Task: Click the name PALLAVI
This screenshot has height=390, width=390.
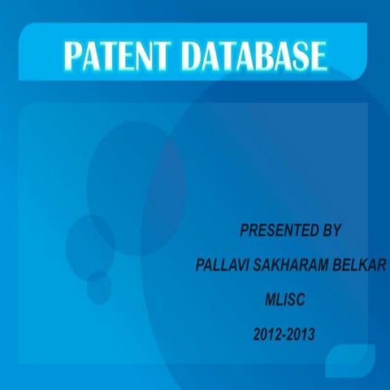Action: click(x=220, y=266)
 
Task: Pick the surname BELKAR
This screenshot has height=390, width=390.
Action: click(x=358, y=266)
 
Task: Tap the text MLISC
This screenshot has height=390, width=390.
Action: click(x=284, y=300)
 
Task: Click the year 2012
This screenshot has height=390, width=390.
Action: click(x=266, y=333)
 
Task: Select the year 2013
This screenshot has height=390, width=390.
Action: click(x=301, y=333)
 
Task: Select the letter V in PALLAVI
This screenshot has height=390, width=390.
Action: click(x=235, y=266)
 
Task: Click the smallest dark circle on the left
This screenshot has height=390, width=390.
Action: click(x=98, y=288)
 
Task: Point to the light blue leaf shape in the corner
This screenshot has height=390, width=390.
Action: click(x=350, y=361)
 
